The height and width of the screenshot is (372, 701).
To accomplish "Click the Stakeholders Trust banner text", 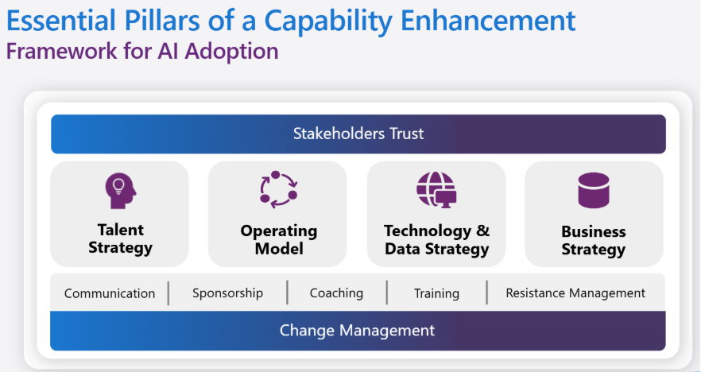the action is (x=358, y=134).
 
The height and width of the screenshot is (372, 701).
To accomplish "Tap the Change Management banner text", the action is (x=357, y=331).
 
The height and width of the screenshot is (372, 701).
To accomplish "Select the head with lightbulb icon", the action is (x=121, y=191).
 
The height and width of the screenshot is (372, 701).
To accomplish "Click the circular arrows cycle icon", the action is (x=278, y=189).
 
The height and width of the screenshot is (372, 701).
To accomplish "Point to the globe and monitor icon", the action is (x=436, y=189).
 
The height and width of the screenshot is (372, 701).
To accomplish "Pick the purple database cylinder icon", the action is (x=594, y=191).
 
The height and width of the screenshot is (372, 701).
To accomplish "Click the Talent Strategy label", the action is (x=120, y=238).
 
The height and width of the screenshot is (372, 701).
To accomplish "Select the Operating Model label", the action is (x=279, y=239).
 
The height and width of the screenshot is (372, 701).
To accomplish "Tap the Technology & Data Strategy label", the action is (x=437, y=240).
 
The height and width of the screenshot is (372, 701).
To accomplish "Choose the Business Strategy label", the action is (x=594, y=240).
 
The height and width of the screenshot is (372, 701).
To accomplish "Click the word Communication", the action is (x=110, y=293).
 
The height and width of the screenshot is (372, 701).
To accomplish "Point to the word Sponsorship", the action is (x=227, y=293).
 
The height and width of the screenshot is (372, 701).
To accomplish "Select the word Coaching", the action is (x=336, y=293).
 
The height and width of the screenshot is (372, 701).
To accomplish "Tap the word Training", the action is (x=436, y=294).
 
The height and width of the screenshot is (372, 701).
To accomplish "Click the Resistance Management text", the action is (x=575, y=293).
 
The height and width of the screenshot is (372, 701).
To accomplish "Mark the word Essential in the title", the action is (x=61, y=21).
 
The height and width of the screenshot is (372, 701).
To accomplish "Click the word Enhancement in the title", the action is (x=488, y=21).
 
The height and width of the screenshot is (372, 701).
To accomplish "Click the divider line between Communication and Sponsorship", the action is (x=168, y=293).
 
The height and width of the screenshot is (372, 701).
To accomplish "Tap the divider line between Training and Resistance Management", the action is (x=487, y=293).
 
